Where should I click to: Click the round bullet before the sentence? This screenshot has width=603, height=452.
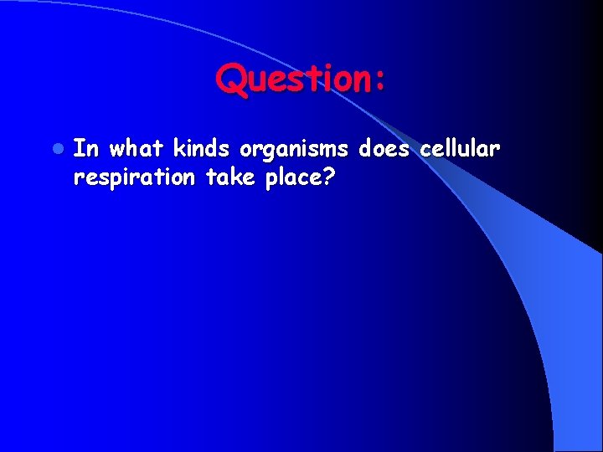tap(56, 149)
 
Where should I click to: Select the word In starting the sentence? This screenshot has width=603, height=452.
tap(86, 149)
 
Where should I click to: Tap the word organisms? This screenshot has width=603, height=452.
tap(294, 151)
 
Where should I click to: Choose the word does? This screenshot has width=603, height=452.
tap(384, 149)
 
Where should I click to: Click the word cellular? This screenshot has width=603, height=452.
tap(460, 149)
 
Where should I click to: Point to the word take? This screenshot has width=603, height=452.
tap(224, 177)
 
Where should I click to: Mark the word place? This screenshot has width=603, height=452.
tap(295, 178)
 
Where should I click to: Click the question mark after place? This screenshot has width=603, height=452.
tap(328, 177)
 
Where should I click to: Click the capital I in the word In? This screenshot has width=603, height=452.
tap(80, 149)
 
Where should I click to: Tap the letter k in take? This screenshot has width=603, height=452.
tap(229, 177)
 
